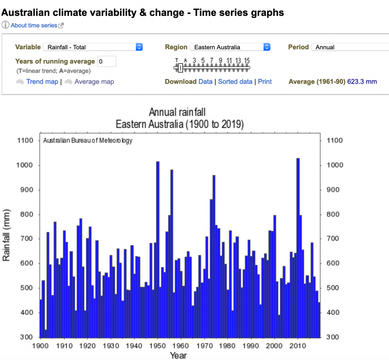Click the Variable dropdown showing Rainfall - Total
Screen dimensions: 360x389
[93, 47]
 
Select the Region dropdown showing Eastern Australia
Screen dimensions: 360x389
[230, 47]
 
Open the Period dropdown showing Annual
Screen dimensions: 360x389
[349, 47]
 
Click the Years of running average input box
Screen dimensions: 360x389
[107, 62]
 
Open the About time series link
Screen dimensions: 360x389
[34, 25]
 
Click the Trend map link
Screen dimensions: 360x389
[42, 82]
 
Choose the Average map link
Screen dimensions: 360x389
[94, 82]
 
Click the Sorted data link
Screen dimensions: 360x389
[235, 82]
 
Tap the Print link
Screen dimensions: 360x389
[265, 82]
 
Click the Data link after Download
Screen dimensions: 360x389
[206, 82]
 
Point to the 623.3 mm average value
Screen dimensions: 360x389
[362, 82]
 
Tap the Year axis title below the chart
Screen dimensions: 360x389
[179, 355]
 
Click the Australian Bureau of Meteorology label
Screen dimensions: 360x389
[88, 141]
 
